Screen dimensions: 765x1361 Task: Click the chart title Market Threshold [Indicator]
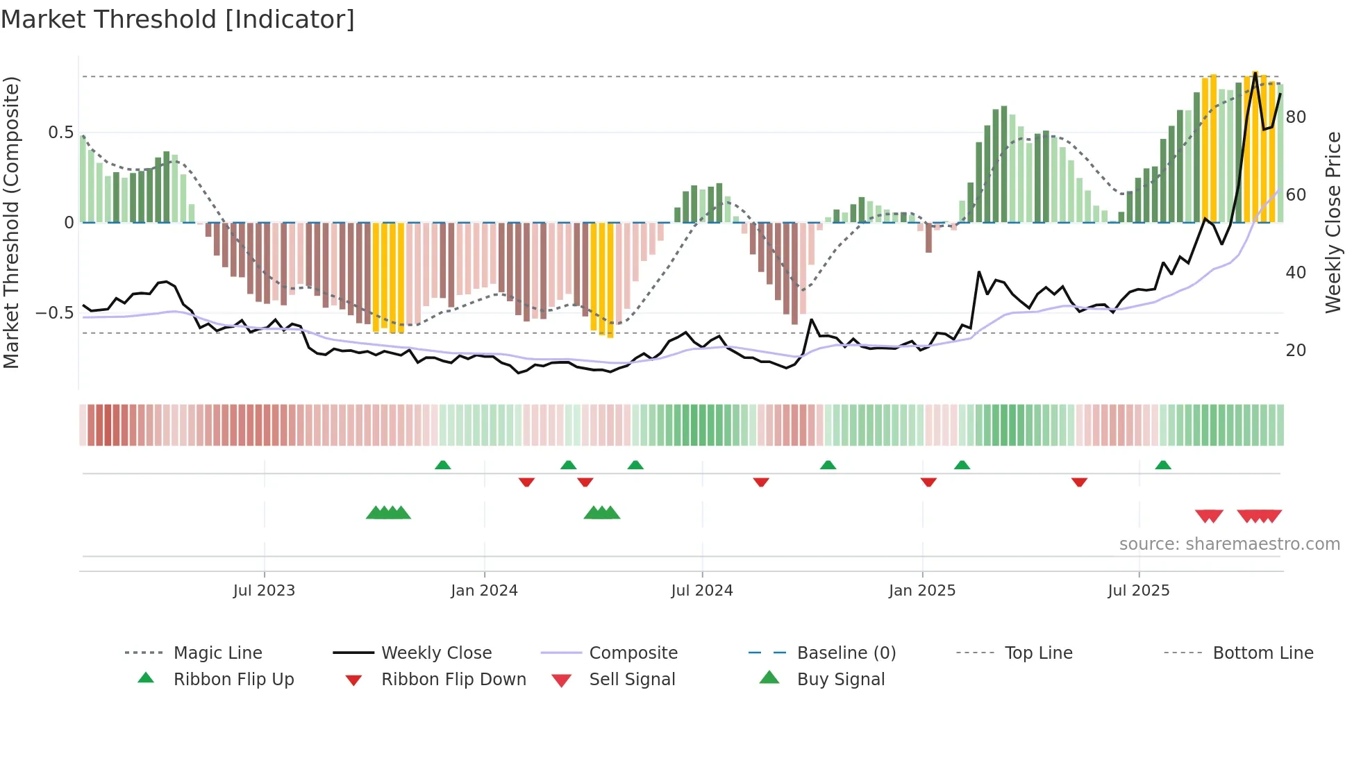(x=178, y=19)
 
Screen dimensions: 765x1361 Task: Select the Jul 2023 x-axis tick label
(x=264, y=591)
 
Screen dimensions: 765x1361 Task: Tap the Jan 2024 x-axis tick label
(x=484, y=591)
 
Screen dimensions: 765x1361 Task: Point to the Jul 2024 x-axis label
(x=701, y=591)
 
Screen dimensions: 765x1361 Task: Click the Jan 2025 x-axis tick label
(x=922, y=591)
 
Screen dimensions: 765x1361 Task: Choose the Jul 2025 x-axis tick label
(x=1139, y=591)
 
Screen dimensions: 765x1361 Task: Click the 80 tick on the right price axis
(x=1296, y=117)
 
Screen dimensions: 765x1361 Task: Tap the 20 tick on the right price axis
(x=1296, y=350)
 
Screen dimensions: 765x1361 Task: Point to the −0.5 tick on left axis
(x=54, y=313)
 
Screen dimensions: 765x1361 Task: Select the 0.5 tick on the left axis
(x=60, y=132)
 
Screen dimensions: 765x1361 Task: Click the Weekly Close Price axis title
(x=1333, y=222)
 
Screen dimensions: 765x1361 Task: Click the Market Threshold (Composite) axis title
(x=11, y=222)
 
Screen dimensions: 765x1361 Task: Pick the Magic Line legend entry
(x=217, y=653)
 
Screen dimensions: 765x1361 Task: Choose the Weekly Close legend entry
(x=436, y=653)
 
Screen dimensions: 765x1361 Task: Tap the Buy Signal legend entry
(x=840, y=680)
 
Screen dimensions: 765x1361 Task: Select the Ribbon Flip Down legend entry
(x=453, y=680)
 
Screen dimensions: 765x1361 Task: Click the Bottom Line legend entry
(x=1262, y=653)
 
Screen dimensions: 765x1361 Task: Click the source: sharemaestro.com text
(x=1229, y=544)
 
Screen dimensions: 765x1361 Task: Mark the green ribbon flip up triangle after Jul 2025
(x=1163, y=465)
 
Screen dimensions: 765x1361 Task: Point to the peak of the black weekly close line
(x=1255, y=72)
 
